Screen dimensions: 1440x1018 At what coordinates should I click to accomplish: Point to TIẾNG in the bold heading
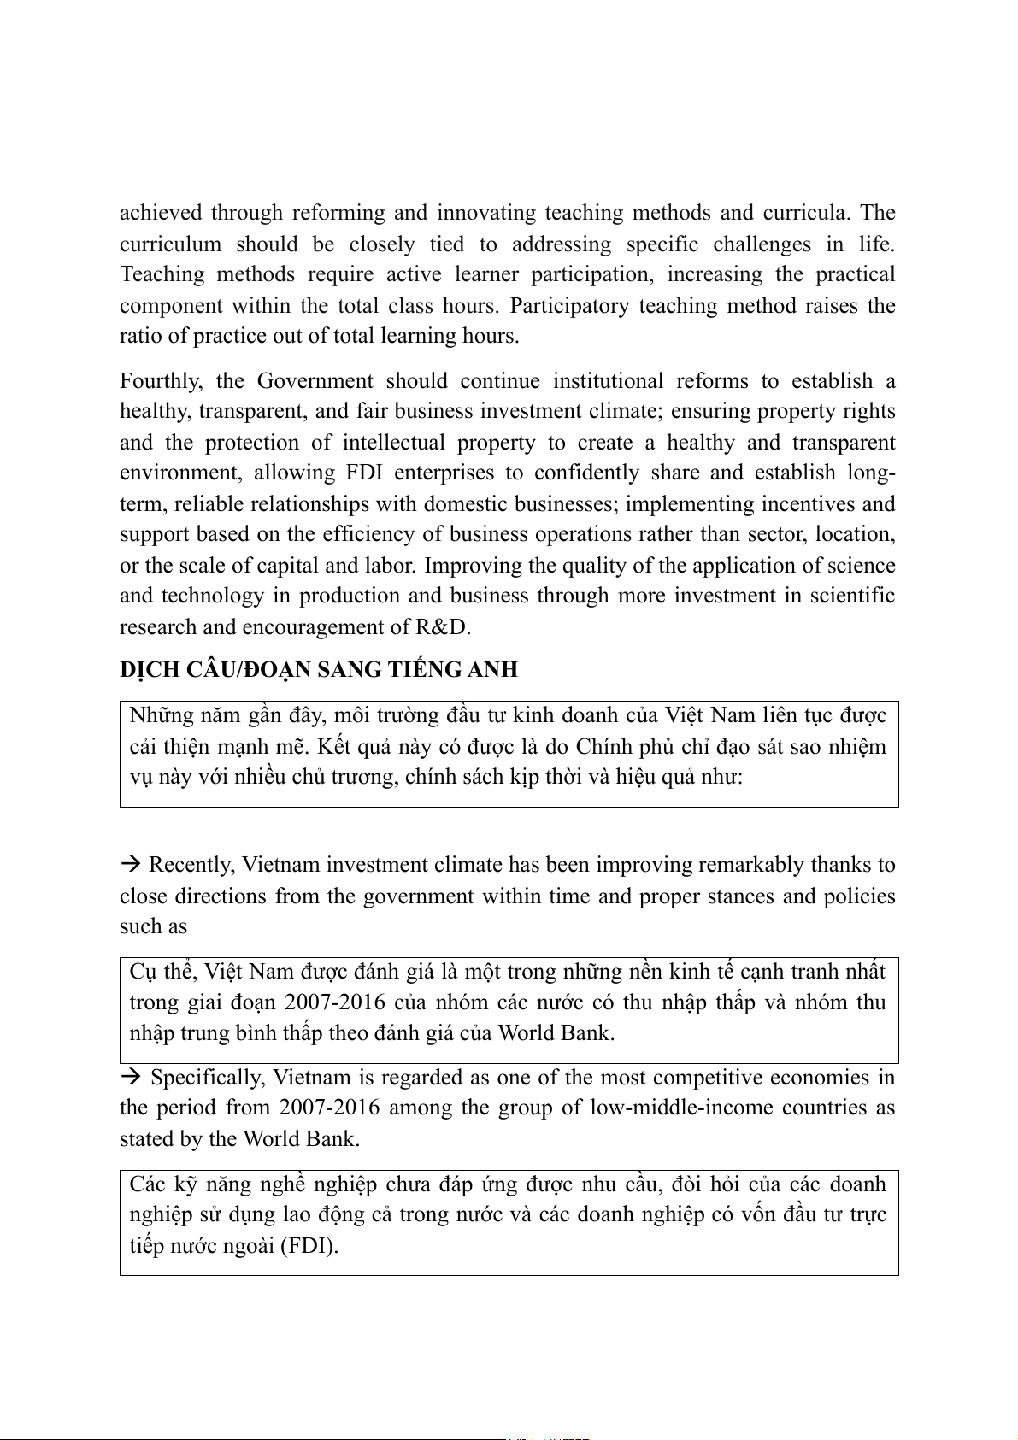point(426,670)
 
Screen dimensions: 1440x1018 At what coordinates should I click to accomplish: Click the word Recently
point(191,865)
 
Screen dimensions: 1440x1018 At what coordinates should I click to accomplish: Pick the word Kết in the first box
point(332,747)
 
